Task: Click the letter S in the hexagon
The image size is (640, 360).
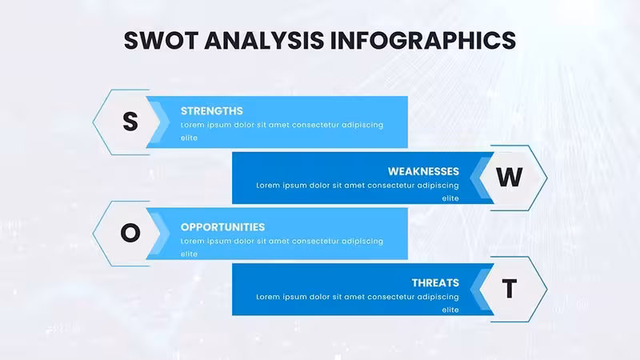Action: click(x=130, y=122)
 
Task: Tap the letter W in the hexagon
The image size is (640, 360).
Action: click(x=510, y=177)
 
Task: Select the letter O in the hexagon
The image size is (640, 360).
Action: click(x=130, y=233)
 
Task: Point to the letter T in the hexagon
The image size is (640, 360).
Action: click(x=510, y=289)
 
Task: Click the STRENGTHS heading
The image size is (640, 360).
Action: click(x=212, y=111)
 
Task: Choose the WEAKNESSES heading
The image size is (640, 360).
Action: click(x=423, y=171)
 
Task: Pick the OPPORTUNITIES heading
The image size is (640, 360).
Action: click(x=223, y=227)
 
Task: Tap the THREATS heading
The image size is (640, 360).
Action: click(x=435, y=283)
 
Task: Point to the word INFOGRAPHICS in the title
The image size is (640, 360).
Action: click(x=423, y=41)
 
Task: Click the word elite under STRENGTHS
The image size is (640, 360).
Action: click(x=189, y=138)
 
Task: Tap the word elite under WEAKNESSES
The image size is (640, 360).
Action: click(x=450, y=198)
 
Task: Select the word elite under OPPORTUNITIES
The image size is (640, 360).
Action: click(x=189, y=254)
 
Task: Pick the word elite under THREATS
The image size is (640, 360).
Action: click(x=450, y=310)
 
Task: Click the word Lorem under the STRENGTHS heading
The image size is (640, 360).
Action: click(x=192, y=125)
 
